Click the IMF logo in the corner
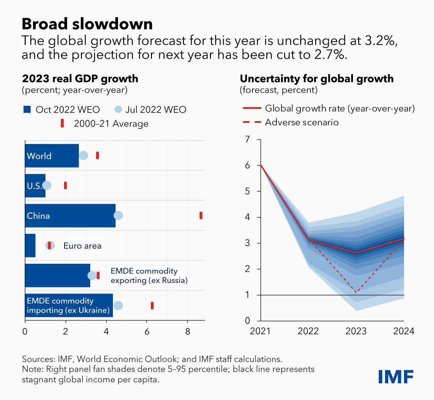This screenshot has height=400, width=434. (x=396, y=377)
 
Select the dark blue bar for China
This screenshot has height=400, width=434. (x=70, y=216)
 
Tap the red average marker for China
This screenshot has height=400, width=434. (x=201, y=215)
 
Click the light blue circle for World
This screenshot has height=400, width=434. (x=83, y=155)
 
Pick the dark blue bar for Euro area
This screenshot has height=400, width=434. (x=30, y=245)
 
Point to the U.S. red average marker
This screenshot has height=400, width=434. (x=65, y=185)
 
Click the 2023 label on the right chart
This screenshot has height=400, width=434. (x=356, y=331)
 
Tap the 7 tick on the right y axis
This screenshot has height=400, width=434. (x=247, y=139)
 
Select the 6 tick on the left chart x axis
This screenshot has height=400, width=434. (x=147, y=332)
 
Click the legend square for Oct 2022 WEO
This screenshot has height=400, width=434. (x=27, y=110)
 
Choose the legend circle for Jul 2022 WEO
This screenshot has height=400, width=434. (x=118, y=110)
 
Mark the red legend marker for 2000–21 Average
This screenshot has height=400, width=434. (x=62, y=124)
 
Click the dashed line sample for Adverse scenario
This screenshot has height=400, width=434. (x=252, y=122)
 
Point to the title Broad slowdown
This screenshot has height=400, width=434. (x=87, y=24)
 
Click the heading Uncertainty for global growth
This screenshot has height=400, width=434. (x=316, y=79)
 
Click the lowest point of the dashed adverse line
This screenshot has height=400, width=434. (x=356, y=292)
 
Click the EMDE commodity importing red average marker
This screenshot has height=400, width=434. (x=152, y=306)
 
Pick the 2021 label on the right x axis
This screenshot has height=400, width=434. (x=260, y=331)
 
